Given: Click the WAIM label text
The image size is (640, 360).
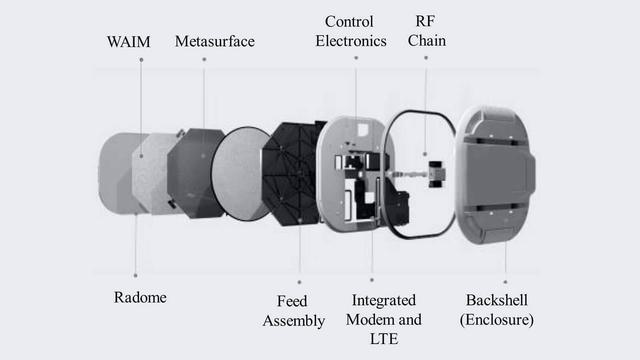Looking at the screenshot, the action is tap(129, 42).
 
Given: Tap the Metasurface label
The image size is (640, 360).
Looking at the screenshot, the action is tap(215, 41).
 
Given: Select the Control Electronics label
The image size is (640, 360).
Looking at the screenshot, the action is tap(351, 31).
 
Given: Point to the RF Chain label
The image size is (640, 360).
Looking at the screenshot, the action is tap(427, 31).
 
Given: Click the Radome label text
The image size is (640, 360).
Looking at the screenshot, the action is tap(140, 297).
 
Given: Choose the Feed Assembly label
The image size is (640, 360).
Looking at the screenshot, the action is tap(294, 311).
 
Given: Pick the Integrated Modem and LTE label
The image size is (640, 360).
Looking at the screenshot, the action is tap(384, 320).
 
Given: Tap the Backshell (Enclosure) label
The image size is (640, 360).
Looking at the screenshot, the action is tap(497, 310).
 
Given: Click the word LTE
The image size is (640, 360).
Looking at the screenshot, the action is tap(384, 339).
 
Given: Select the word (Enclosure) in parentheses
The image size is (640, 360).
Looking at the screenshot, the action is tap(497, 320).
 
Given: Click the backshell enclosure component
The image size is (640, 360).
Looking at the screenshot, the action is tap(496, 175).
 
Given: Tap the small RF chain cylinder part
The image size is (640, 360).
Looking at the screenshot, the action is tap(436, 174).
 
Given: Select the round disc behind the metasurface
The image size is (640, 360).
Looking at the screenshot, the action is tap(240, 174).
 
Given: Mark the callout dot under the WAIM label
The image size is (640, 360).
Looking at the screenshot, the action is tap(141, 60).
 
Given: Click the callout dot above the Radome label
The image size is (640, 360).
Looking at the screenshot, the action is tap(136, 276).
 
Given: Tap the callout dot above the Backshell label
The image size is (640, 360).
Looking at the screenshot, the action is tap(505, 282).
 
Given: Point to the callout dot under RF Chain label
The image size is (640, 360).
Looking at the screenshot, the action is tap(426, 58).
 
